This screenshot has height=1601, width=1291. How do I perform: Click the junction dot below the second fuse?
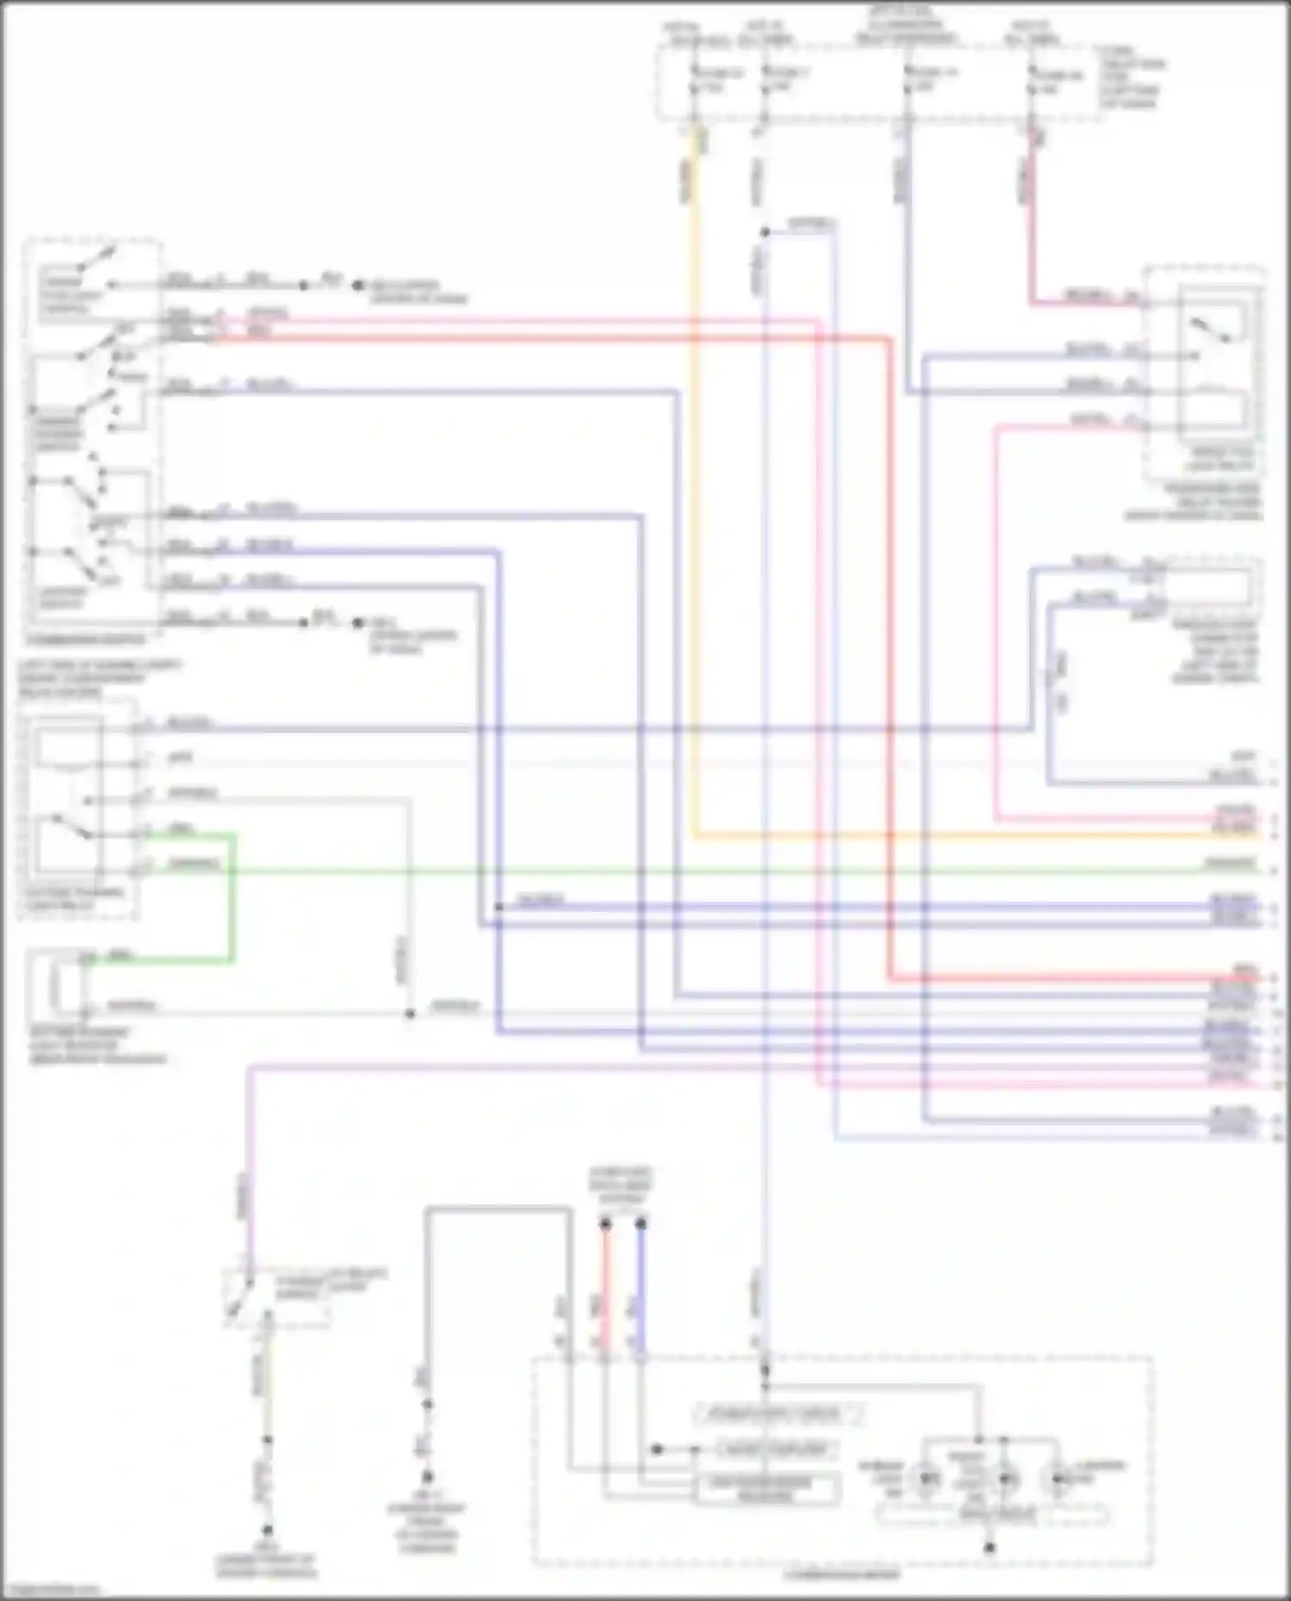click(763, 232)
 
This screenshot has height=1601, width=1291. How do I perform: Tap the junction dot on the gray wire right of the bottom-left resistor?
click(410, 1013)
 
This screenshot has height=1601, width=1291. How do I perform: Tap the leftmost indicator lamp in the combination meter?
click(927, 1480)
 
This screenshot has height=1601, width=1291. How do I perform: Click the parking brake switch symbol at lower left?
click(241, 1299)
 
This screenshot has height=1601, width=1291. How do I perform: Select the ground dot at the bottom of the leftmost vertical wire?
click(268, 1530)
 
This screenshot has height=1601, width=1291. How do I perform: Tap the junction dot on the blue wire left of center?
click(498, 907)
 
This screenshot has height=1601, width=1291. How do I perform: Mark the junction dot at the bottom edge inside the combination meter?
click(990, 1547)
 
